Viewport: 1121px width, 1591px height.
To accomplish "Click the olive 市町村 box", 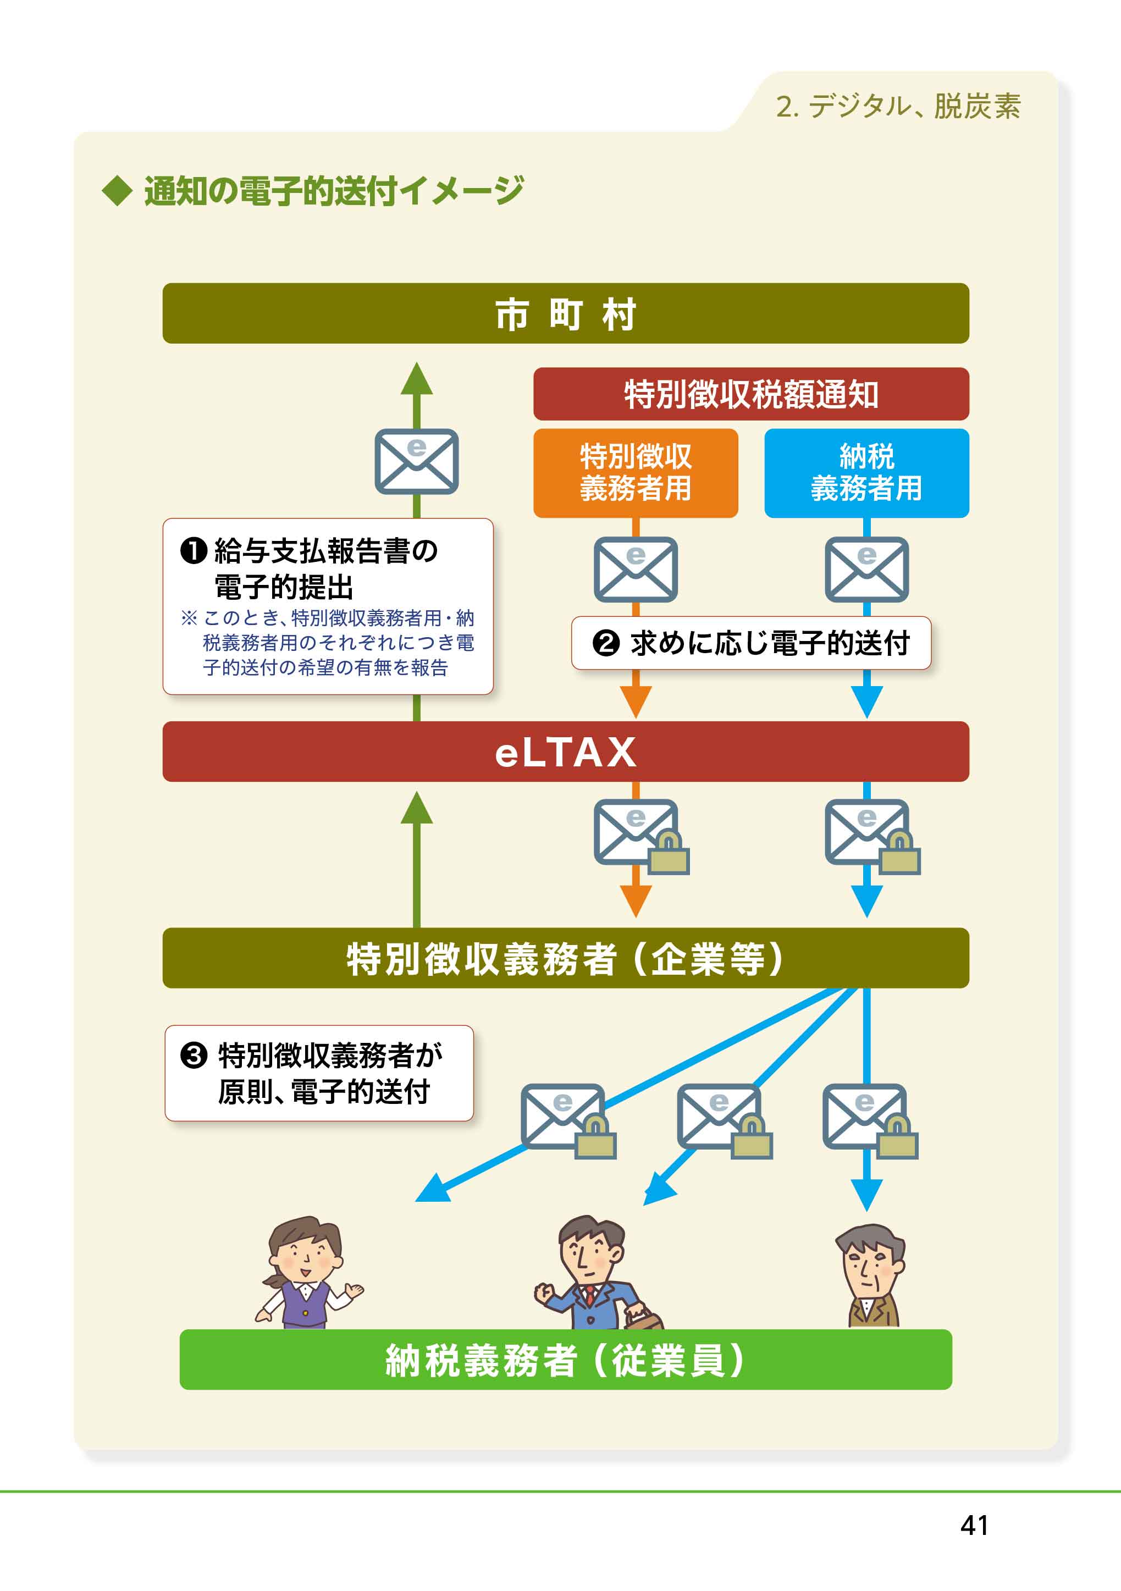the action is click(x=565, y=313).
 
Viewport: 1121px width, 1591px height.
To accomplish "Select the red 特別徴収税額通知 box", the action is click(x=751, y=394).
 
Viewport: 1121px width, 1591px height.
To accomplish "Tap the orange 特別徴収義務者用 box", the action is click(x=636, y=473).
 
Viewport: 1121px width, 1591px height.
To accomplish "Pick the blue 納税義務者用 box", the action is click(x=867, y=473).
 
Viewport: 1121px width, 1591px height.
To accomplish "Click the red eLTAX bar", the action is click(x=565, y=751).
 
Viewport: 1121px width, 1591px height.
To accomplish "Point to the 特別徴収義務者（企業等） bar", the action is click(x=565, y=958).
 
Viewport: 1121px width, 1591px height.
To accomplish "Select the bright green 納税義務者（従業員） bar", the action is click(x=565, y=1359).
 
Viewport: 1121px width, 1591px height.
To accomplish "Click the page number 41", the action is click(x=974, y=1525).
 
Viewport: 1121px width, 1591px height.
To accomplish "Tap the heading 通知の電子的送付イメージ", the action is click(x=333, y=191).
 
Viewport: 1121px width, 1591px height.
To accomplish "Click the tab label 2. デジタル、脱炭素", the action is click(x=898, y=106).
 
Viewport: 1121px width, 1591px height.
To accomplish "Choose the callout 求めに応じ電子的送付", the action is click(x=751, y=643).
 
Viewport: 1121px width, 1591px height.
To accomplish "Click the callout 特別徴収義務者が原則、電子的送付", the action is click(x=319, y=1073).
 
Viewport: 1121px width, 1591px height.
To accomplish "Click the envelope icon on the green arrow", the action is click(x=416, y=461).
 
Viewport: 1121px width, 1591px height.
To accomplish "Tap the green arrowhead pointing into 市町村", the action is click(x=416, y=378).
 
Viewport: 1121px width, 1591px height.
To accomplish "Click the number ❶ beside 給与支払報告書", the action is click(x=194, y=551).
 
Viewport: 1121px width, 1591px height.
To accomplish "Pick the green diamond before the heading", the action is click(x=117, y=191).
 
